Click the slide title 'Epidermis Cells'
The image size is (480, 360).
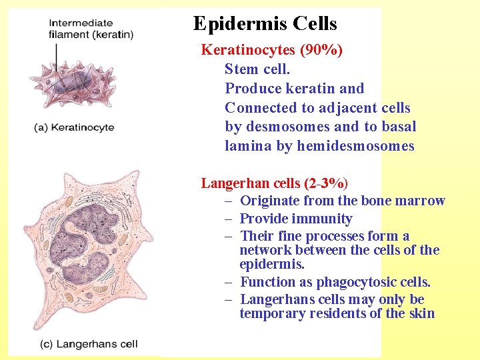[x=265, y=24]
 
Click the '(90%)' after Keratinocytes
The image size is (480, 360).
[x=322, y=50]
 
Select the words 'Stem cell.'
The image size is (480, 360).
[x=257, y=69]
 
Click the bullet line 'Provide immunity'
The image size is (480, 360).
[x=295, y=219]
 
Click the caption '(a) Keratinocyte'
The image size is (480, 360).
[x=74, y=127]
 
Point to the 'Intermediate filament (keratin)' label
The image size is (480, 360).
[x=91, y=29]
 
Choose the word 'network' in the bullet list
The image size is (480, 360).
[x=264, y=250]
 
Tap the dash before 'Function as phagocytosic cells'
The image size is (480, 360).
[x=228, y=283]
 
